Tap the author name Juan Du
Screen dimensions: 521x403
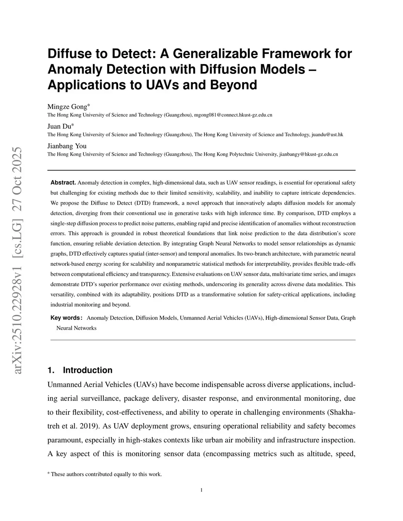point(59,126)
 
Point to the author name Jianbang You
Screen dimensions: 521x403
point(67,146)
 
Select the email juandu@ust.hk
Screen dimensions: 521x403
point(327,134)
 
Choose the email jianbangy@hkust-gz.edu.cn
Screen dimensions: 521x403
point(308,154)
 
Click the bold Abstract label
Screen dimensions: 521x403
point(63,182)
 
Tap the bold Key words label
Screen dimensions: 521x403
point(66,318)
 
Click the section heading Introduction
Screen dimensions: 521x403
point(87,370)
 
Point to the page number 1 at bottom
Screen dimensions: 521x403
point(201,490)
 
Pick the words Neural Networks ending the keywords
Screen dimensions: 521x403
point(76,328)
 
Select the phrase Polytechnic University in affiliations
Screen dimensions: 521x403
point(252,154)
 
